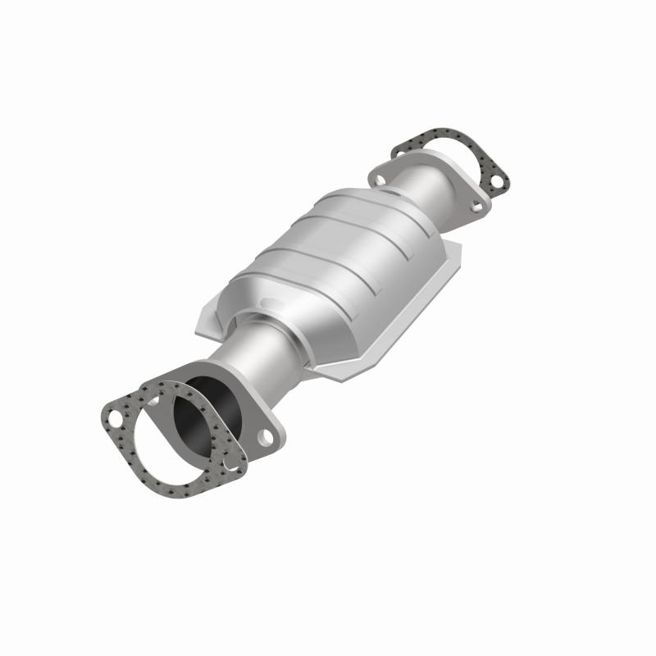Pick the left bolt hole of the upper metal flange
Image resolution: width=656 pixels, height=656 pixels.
tap(380, 174)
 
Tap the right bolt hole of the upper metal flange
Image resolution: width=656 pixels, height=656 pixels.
tap(473, 207)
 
